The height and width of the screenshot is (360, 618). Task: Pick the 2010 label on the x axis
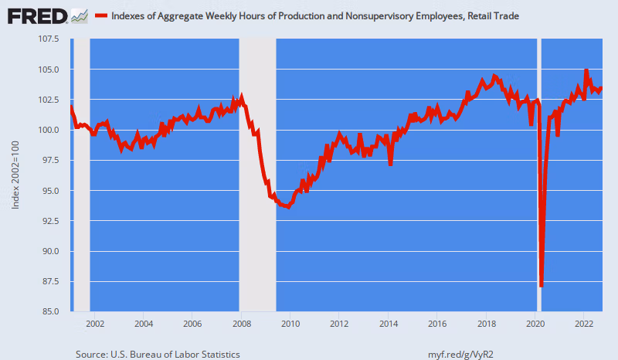coord(290,324)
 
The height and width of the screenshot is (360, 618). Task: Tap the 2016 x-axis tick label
coord(437,324)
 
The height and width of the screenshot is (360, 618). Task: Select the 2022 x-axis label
coord(584,324)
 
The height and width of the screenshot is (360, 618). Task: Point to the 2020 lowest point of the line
coord(542,286)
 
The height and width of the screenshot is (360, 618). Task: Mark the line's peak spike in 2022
coord(586,71)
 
